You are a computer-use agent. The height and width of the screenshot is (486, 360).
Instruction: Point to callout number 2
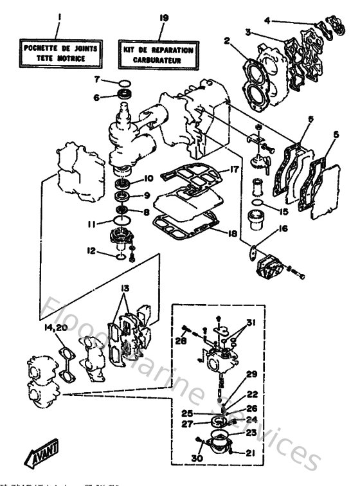pyautogui.click(x=227, y=42)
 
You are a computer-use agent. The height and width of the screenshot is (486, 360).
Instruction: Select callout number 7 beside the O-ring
pyautogui.click(x=98, y=80)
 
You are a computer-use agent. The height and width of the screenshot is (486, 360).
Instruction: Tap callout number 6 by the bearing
pyautogui.click(x=98, y=97)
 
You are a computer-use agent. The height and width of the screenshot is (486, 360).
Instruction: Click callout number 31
pyautogui.click(x=252, y=321)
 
